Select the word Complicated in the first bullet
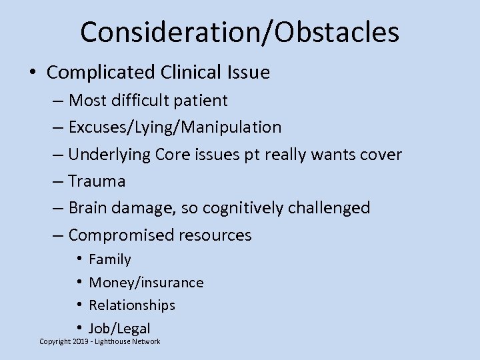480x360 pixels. click(x=100, y=72)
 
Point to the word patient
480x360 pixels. click(x=201, y=101)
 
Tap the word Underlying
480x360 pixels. click(x=111, y=155)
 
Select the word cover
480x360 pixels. click(x=380, y=155)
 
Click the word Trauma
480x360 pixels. click(x=97, y=181)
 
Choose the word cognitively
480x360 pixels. click(x=245, y=208)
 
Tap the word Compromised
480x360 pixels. click(x=121, y=235)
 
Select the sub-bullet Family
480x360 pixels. click(x=110, y=259)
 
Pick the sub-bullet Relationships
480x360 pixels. click(x=132, y=305)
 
